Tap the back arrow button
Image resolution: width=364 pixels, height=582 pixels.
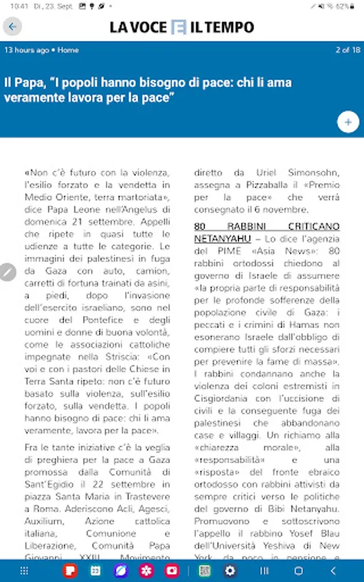[x=12, y=27]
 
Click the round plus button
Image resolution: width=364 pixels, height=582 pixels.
[x=348, y=122]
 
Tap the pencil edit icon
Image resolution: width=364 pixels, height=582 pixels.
[x=7, y=272]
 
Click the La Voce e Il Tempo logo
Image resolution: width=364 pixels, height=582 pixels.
[x=182, y=27]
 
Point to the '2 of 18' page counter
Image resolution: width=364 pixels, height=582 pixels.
[x=347, y=50]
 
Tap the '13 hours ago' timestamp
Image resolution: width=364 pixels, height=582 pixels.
[x=27, y=50]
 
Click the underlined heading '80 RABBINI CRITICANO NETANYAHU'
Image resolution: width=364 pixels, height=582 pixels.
[x=266, y=232]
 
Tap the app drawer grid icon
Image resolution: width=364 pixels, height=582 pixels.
[x=24, y=571]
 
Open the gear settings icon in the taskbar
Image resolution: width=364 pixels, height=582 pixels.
[x=230, y=571]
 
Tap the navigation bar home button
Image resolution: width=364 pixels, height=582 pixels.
[x=299, y=571]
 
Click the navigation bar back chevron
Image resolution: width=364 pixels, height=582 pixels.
[x=333, y=571]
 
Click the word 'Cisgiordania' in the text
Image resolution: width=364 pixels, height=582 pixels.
[x=225, y=386]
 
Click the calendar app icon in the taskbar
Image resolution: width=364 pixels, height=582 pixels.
[x=96, y=571]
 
